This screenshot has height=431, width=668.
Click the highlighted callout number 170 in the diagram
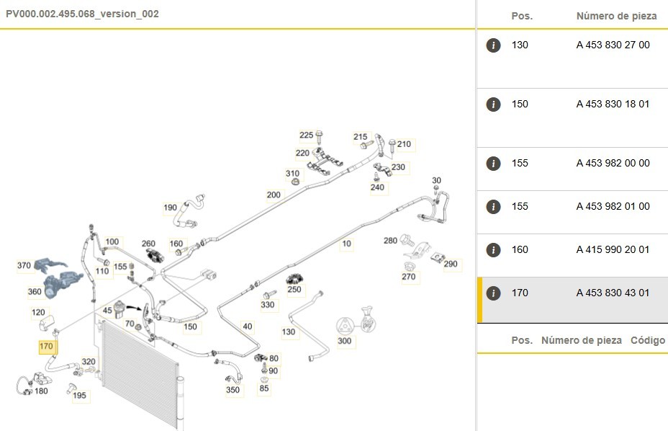click(46, 347)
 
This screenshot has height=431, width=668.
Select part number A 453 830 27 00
click(613, 45)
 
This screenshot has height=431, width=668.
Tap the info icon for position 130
click(493, 45)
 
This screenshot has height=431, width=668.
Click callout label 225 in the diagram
click(307, 135)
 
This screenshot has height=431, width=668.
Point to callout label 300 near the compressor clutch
click(345, 341)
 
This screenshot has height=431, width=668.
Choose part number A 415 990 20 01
click(613, 249)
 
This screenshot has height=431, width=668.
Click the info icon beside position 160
click(493, 250)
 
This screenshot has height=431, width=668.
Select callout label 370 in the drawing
click(24, 265)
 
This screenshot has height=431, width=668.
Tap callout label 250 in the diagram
click(294, 290)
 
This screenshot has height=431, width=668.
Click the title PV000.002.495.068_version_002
click(82, 14)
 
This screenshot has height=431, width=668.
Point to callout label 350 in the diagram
click(233, 390)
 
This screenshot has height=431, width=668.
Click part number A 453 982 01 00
click(613, 206)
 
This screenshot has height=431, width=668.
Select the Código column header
click(647, 340)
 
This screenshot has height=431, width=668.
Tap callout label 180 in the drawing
click(41, 391)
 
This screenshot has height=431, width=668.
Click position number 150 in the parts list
click(520, 104)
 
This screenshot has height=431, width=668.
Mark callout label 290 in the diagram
click(451, 264)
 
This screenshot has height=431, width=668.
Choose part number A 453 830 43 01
click(613, 293)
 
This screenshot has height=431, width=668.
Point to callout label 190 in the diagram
click(170, 208)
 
